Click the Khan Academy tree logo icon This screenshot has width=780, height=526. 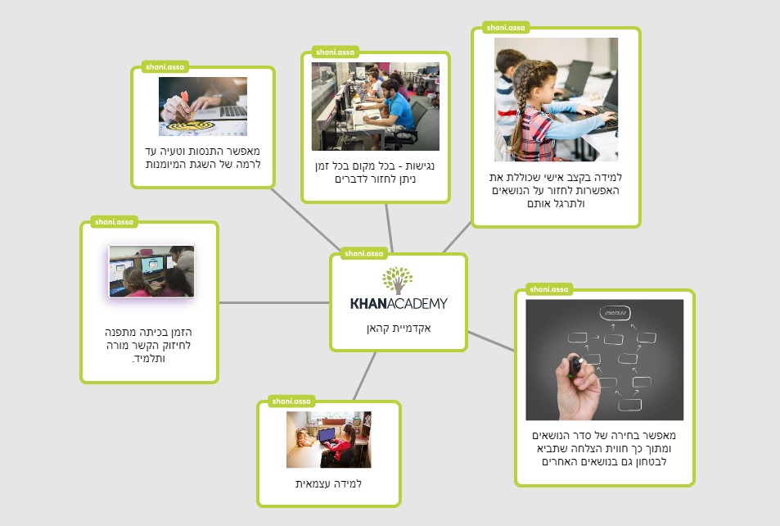pyautogui.click(x=398, y=280)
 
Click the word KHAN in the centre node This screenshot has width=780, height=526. pyautogui.click(x=368, y=303)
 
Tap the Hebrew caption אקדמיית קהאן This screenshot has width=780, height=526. pyautogui.click(x=399, y=329)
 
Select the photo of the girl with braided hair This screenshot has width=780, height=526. pyautogui.click(x=556, y=99)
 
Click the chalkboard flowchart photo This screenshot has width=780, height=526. pyautogui.click(x=604, y=360)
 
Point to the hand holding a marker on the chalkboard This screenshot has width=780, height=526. pyautogui.click(x=578, y=386)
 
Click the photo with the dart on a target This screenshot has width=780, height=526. pyautogui.click(x=203, y=106)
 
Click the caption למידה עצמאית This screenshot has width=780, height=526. pyautogui.click(x=328, y=483)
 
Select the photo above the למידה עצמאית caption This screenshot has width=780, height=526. pyautogui.click(x=329, y=439)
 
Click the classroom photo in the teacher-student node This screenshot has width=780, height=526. pyautogui.click(x=151, y=271)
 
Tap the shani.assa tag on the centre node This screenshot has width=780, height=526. pyautogui.click(x=363, y=253)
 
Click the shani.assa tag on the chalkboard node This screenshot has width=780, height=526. pyautogui.click(x=548, y=289)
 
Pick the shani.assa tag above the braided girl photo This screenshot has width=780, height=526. pyautogui.click(x=506, y=28)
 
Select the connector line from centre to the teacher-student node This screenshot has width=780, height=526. pyautogui.click(x=274, y=302)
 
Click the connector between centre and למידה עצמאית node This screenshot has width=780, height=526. pyautogui.click(x=365, y=376)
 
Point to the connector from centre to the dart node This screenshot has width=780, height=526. pyautogui.click(x=306, y=220)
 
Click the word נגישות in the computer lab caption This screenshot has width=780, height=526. pyautogui.click(x=420, y=166)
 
